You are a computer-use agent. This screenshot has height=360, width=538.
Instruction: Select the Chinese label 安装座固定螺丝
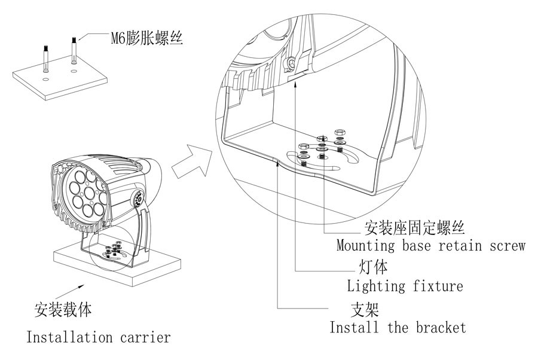tap(414, 228)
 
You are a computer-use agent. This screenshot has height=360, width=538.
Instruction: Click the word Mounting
tap(361, 245)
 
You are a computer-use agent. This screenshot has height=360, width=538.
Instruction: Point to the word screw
tap(507, 245)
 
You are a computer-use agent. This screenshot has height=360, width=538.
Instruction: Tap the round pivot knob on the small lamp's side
tap(136, 197)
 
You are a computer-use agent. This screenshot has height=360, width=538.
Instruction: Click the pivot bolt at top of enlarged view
tap(291, 63)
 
